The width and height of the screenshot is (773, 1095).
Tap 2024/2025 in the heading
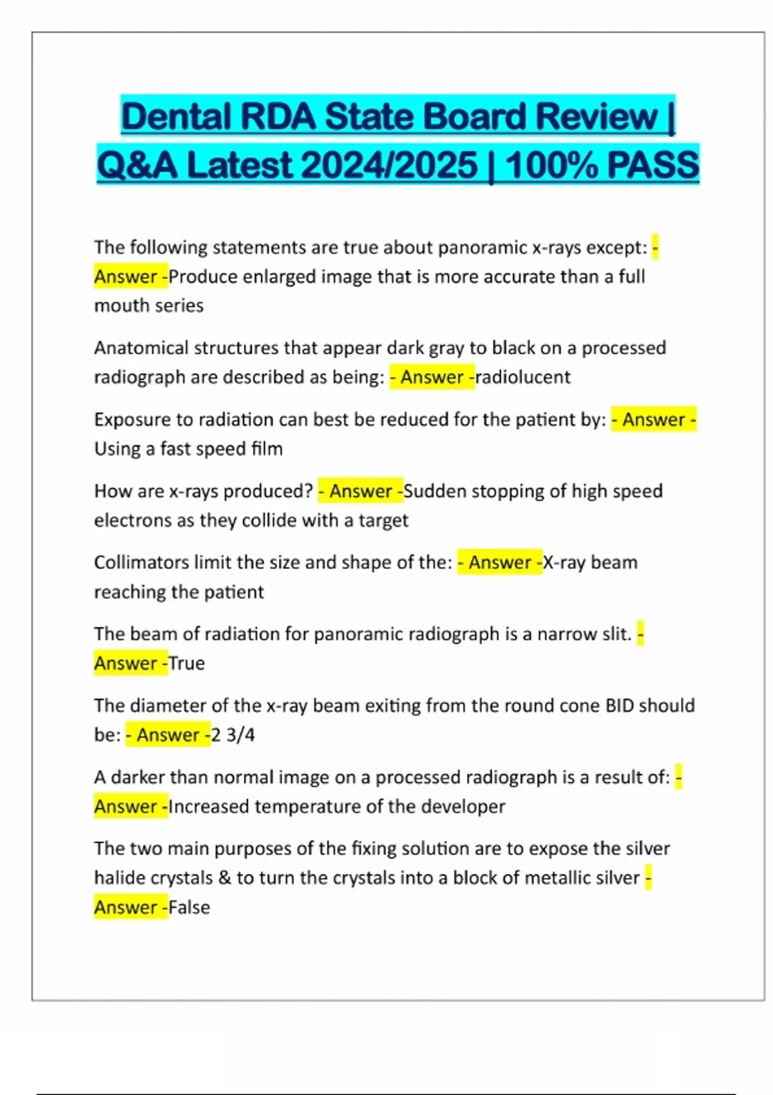389,166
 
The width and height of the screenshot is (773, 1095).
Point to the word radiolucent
522,377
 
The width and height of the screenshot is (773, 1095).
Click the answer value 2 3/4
233,735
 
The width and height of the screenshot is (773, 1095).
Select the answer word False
189,907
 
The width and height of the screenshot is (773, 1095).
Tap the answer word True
187,663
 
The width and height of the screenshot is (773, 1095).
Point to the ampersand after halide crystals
224,878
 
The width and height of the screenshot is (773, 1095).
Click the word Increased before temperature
210,806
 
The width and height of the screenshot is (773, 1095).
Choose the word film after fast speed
267,448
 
